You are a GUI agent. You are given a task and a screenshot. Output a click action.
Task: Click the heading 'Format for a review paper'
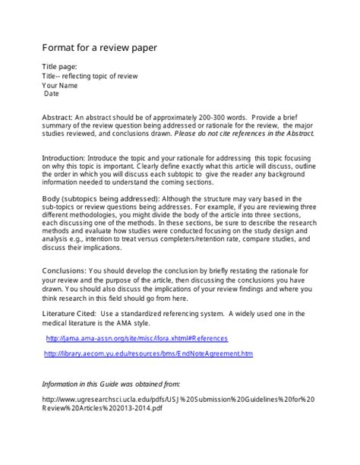click(99, 48)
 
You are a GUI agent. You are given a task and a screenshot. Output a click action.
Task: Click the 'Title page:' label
click(59, 67)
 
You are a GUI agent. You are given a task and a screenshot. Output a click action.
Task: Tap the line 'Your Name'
click(60, 85)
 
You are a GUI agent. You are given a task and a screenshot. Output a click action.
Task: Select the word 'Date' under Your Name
click(51, 94)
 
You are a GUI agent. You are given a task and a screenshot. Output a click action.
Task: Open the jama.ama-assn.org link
click(137, 338)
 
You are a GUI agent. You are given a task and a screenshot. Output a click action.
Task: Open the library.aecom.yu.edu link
click(148, 354)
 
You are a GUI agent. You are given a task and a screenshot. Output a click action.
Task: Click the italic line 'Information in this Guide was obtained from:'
click(122, 384)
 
